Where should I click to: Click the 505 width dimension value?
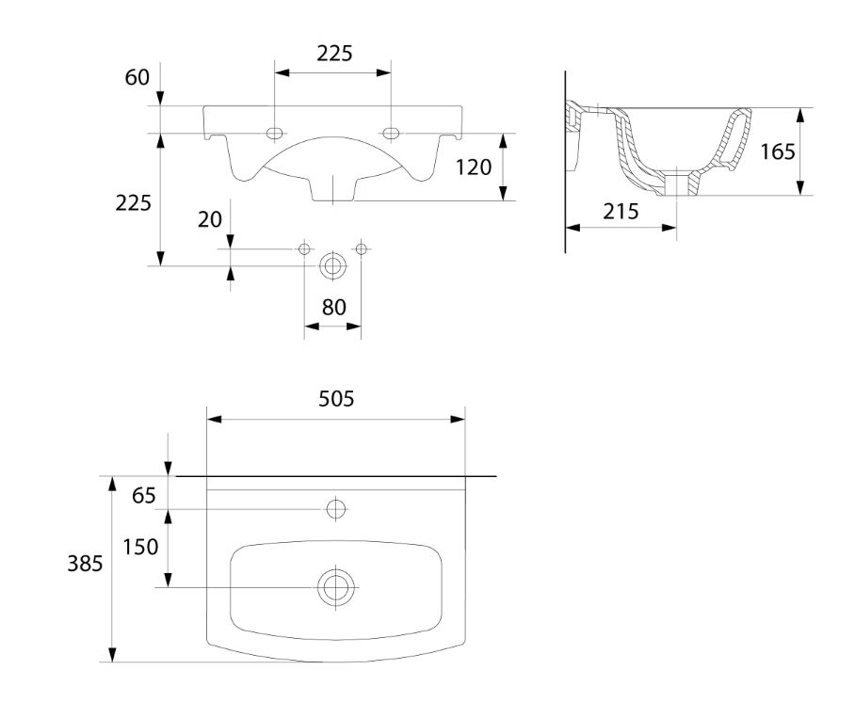(336, 399)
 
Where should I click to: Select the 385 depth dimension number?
(85, 564)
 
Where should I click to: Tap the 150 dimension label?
(140, 547)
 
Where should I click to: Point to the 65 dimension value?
(144, 496)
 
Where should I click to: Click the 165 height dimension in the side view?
(778, 152)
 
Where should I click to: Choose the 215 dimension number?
(621, 212)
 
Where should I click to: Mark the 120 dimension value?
(474, 168)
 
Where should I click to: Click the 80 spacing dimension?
(333, 308)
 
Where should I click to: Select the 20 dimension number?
(210, 219)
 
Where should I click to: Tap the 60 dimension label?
(137, 77)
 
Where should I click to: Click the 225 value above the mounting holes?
(335, 54)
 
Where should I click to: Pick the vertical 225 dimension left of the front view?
(133, 203)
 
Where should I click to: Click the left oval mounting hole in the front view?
(274, 133)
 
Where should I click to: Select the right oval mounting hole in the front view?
(391, 133)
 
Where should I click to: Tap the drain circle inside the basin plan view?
(336, 587)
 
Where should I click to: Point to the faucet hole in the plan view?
(336, 509)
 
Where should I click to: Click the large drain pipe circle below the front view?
(332, 266)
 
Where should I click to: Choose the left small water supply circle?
(304, 249)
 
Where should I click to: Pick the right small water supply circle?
(361, 249)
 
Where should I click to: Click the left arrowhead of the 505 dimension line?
(215, 419)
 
